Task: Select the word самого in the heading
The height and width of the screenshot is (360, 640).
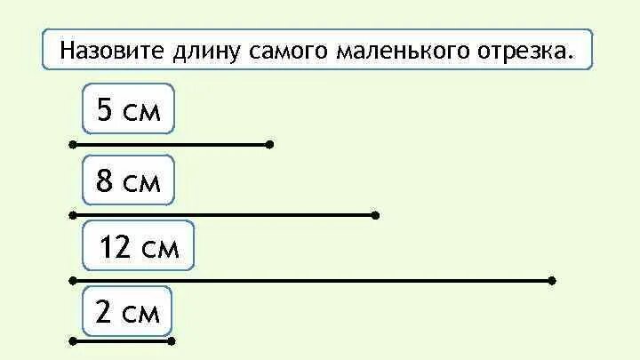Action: pos(276,51)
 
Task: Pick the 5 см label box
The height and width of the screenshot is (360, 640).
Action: pos(128,111)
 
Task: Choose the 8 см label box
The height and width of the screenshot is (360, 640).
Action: pos(128,181)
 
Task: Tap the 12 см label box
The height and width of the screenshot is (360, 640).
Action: pos(139,246)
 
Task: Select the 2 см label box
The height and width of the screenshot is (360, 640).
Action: pos(127,312)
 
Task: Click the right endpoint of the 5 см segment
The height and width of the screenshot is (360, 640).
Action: pos(269,143)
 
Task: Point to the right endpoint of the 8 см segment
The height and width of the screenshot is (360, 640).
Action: pos(376,214)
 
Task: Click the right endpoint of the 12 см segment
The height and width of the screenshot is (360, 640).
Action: pos(552,280)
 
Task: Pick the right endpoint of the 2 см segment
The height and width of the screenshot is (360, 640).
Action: pos(172,340)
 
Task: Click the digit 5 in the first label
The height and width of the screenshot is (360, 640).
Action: pos(105,111)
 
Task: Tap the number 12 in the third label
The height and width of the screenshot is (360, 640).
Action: pos(116,246)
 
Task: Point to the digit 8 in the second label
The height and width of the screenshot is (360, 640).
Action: pos(105,181)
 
